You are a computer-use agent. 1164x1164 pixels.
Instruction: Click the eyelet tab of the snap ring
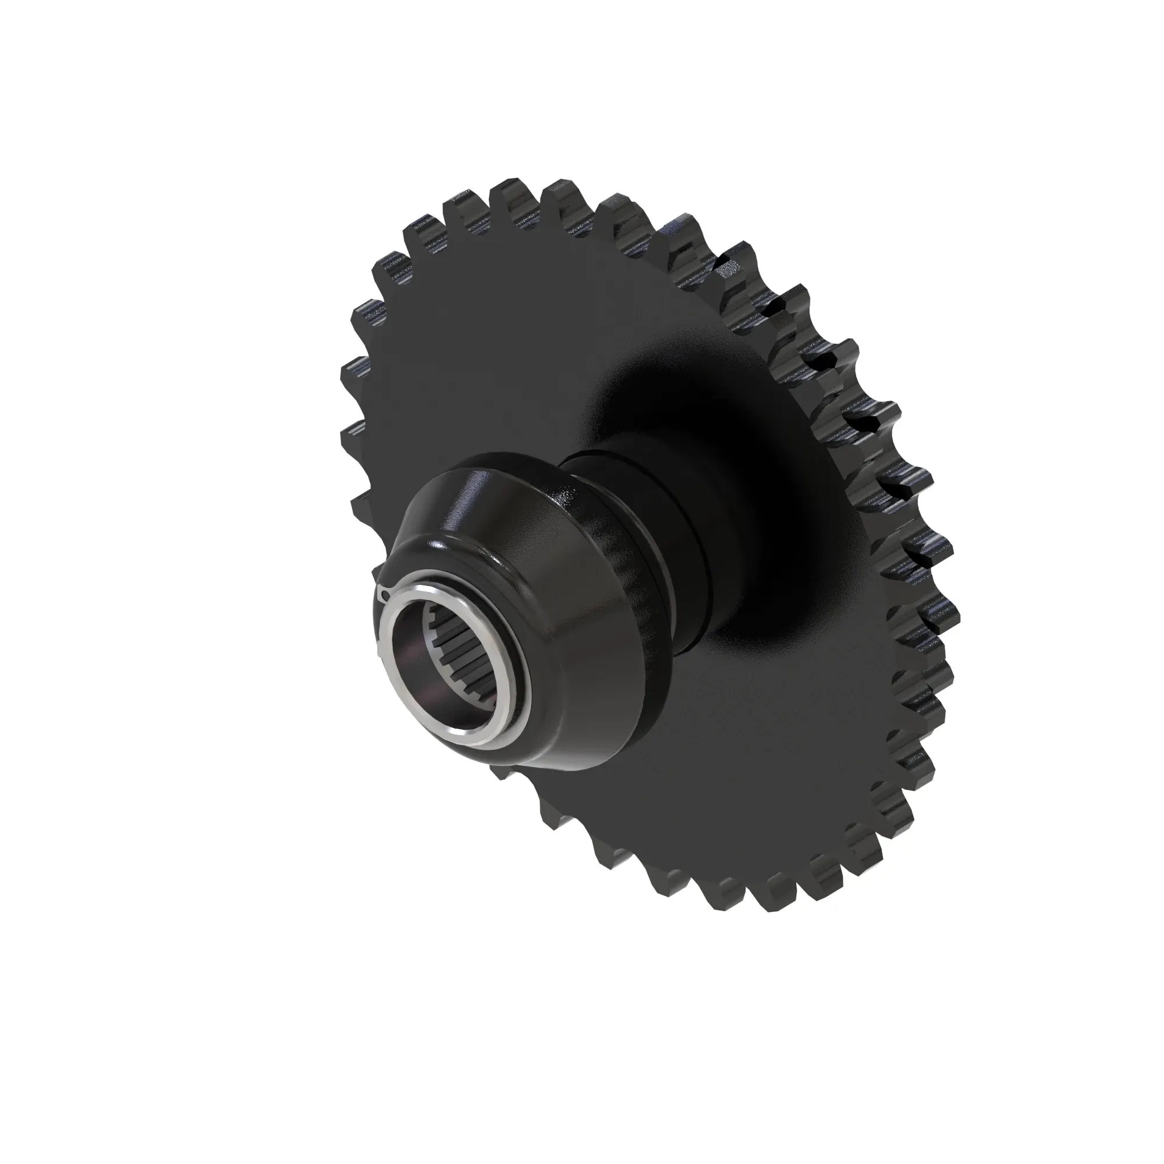(x=386, y=596)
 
